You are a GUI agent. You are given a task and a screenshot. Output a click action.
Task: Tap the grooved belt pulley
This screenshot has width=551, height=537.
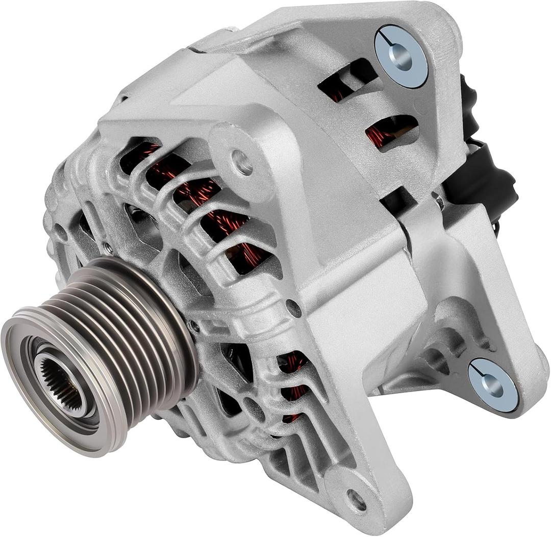point(128,326)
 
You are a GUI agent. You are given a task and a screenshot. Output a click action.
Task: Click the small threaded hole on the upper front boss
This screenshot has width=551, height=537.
point(242,162)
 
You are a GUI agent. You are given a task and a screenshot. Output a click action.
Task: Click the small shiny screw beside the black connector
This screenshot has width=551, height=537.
point(438,200)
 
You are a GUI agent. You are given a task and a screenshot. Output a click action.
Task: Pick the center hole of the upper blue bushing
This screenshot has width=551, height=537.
point(402,57)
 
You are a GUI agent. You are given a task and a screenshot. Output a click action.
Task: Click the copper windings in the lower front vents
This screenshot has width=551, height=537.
point(293,377)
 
